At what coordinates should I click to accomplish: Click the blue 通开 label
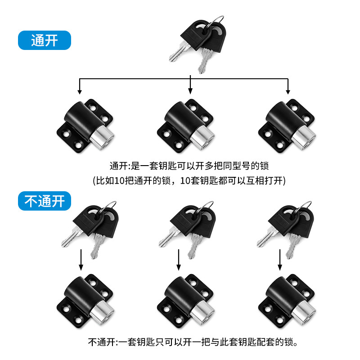(x=45, y=40)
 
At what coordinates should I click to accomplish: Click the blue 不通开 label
(x=45, y=201)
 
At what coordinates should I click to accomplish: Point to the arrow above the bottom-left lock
(x=81, y=260)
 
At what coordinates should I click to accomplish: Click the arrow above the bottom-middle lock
(x=178, y=260)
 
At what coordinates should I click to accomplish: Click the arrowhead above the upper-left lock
(x=80, y=92)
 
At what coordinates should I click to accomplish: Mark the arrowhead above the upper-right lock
(x=288, y=92)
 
